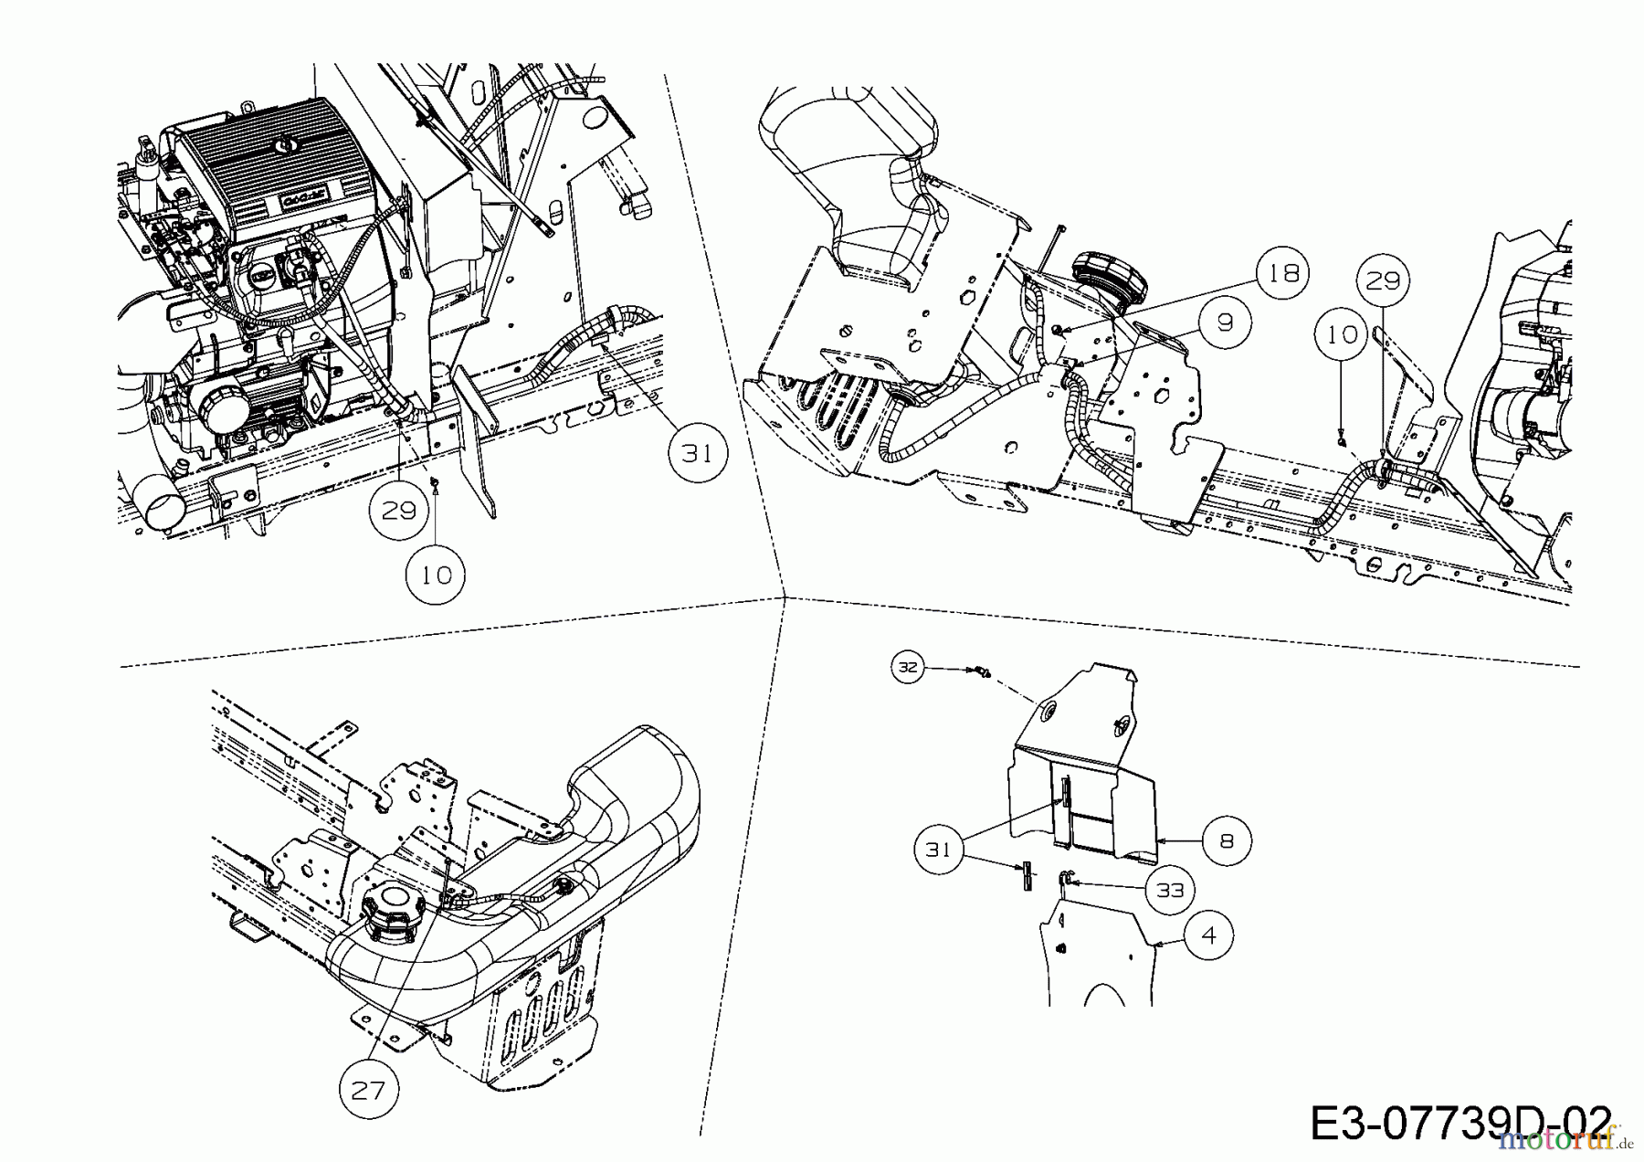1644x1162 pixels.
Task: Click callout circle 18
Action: point(1283,273)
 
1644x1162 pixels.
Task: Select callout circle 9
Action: point(1225,322)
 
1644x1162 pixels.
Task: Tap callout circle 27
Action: point(369,1090)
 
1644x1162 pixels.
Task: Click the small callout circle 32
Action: point(907,668)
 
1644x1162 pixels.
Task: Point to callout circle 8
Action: point(1226,840)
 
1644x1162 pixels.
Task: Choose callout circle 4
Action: point(1208,936)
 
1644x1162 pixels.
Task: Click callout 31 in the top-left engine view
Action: point(698,452)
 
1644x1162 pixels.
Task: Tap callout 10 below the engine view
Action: point(437,575)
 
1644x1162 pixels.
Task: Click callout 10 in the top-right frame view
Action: point(1342,335)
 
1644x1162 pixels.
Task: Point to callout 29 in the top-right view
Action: point(1382,280)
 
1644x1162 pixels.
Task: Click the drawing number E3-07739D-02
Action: point(1460,1123)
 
